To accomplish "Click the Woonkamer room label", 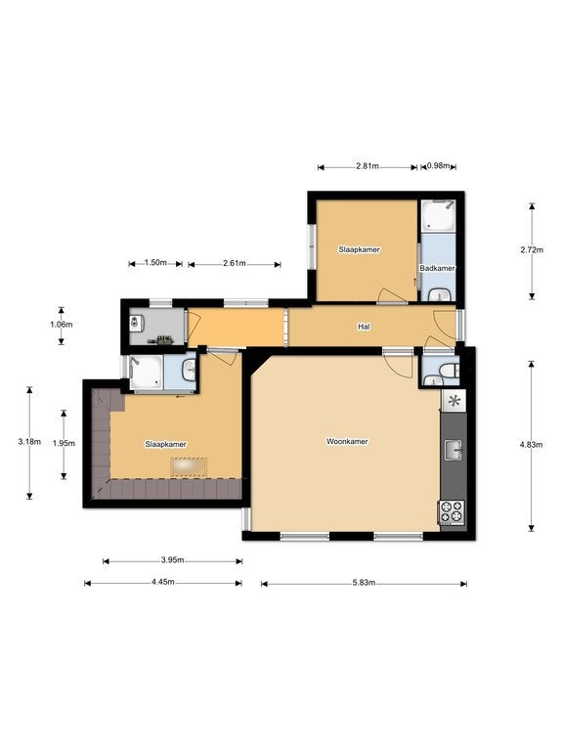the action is click(347, 442).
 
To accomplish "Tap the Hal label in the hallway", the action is click(364, 327).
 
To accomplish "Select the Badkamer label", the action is click(437, 268).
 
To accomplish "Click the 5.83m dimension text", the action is click(364, 583).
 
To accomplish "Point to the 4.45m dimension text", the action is click(163, 583).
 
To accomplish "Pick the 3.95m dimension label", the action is click(172, 560).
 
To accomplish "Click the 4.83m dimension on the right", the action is click(531, 445).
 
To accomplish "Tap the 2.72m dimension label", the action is click(532, 250).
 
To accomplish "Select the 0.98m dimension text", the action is click(439, 166).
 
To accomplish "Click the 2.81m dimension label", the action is click(368, 166).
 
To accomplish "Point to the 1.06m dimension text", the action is click(62, 325).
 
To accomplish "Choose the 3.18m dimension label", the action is click(29, 442).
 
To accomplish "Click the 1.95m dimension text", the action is click(64, 444).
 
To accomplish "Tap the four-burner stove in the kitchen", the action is click(452, 511).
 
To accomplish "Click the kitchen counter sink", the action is click(453, 450).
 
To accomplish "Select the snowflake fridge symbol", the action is click(454, 400).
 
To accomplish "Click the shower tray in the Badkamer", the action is click(438, 216).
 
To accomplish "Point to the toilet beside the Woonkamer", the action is click(450, 371).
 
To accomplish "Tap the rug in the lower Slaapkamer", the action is click(189, 467).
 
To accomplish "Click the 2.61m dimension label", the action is click(235, 263).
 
